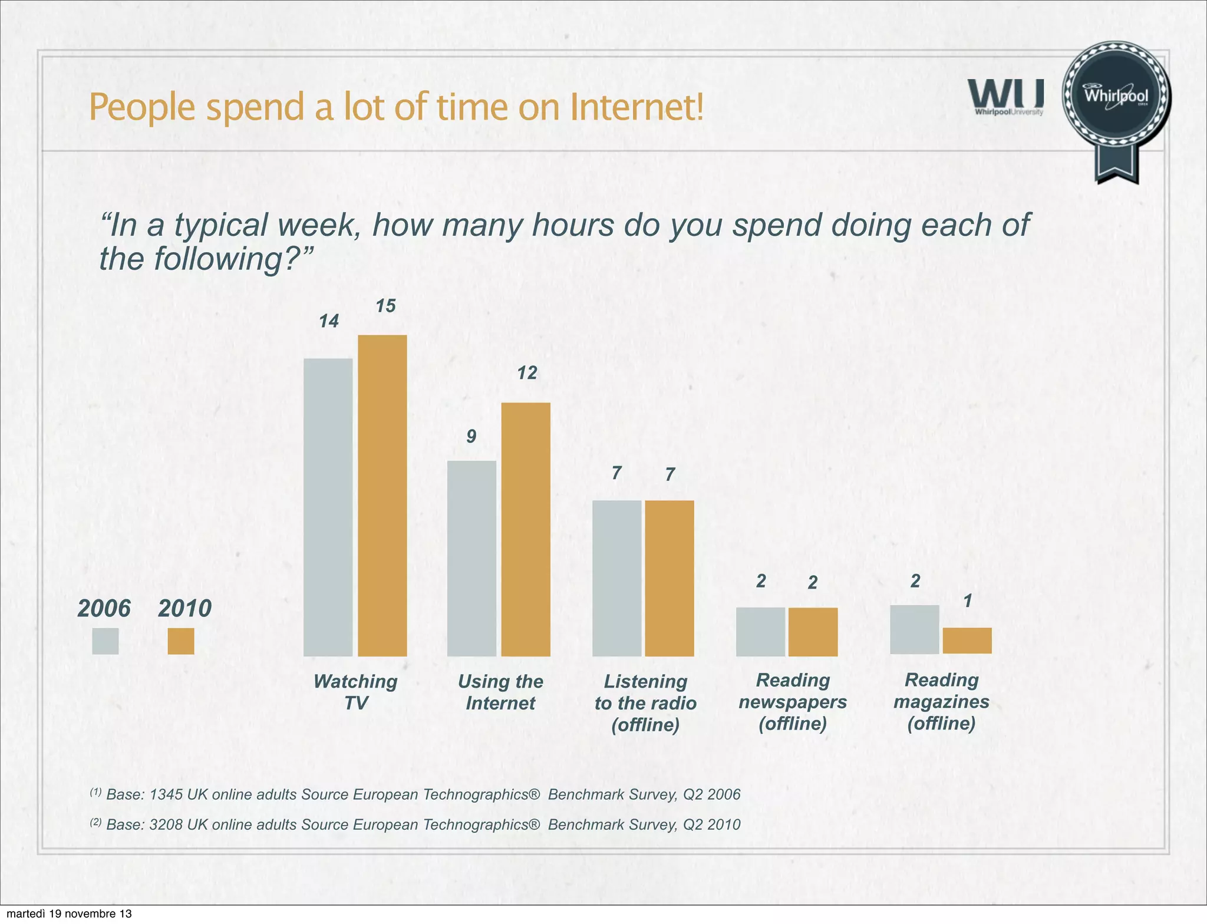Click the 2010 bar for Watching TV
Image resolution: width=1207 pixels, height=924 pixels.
click(x=382, y=495)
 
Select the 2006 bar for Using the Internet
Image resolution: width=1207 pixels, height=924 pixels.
click(x=471, y=558)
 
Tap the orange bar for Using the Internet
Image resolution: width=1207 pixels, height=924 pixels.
click(x=526, y=529)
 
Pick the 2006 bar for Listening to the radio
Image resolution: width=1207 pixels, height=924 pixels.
click(x=616, y=578)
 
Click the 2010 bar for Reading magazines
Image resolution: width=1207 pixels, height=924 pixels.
click(x=967, y=641)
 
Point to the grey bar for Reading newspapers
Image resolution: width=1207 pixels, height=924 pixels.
click(x=760, y=632)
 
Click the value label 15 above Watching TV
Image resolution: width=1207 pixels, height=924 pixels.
click(x=386, y=306)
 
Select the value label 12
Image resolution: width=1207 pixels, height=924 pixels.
click(x=527, y=372)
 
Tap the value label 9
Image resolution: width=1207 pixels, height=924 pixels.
click(x=471, y=437)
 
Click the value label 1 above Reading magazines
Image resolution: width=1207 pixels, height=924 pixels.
click(x=968, y=601)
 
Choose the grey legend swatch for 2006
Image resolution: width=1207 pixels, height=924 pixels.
click(x=105, y=641)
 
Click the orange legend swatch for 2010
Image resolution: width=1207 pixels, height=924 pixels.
click(x=181, y=641)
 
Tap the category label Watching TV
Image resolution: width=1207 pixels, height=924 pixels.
click(x=355, y=692)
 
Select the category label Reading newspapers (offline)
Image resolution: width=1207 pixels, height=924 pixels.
click(x=793, y=702)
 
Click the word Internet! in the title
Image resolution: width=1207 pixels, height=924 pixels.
click(x=637, y=107)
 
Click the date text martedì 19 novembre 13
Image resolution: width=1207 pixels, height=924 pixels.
click(x=69, y=914)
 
